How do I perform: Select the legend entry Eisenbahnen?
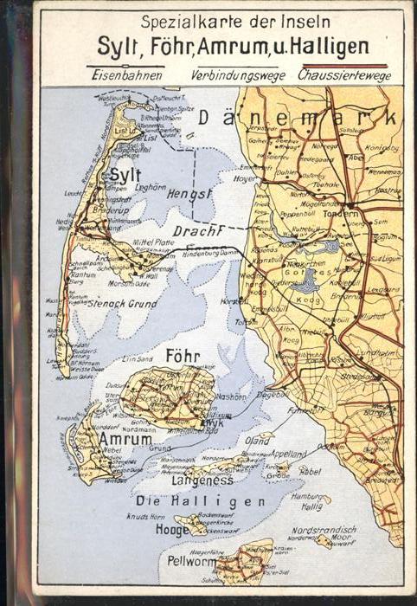point(121,75)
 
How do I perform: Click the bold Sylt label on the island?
point(125,175)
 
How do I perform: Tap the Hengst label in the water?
point(190,193)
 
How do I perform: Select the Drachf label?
point(198,230)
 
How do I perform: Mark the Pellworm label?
point(189,562)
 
